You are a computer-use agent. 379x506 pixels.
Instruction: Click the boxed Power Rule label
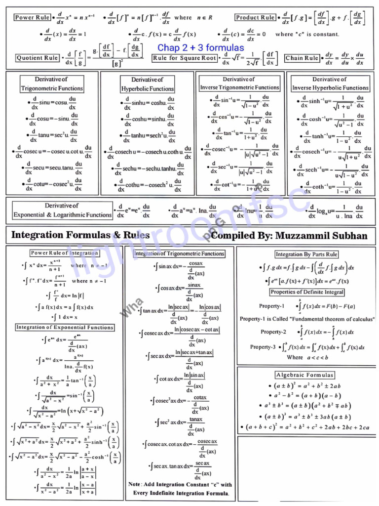pos(32,17)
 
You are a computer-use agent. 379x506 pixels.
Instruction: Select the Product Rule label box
pos(255,17)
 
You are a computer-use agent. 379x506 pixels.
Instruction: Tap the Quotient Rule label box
pos(38,58)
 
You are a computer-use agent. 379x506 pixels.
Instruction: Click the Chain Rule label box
pos(302,58)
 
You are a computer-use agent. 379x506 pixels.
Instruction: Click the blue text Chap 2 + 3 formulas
pos(200,48)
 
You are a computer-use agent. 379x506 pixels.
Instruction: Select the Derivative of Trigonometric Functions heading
pos(52,84)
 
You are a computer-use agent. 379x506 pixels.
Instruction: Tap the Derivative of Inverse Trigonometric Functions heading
pos(239,84)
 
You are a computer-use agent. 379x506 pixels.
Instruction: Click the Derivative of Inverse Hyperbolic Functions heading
pos(330,84)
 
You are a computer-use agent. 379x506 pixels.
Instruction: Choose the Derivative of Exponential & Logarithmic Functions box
pos(63,210)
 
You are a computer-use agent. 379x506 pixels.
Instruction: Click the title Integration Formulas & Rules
pos(80,235)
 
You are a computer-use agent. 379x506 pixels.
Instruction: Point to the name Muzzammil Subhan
pos(321,236)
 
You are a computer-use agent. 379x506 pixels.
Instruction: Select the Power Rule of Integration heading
pos(64,253)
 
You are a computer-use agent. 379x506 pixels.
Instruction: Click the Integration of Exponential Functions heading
pos(65,327)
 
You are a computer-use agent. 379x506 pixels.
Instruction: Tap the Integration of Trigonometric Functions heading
pos(180,253)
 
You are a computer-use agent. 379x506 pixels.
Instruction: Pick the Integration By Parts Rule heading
pos(306,254)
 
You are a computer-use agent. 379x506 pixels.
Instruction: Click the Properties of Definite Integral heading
pos(307,292)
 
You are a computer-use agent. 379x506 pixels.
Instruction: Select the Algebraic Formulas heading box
pos(304,375)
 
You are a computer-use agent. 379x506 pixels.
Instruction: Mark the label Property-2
pos(273,332)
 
